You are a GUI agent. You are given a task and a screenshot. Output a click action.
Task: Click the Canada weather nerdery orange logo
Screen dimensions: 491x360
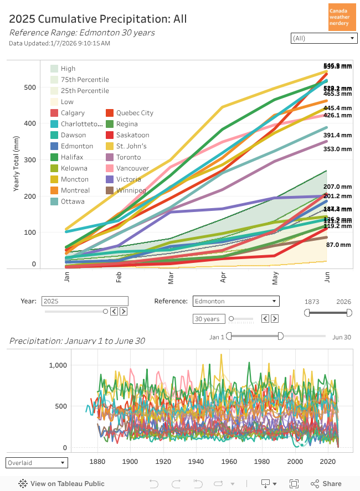point(342,17)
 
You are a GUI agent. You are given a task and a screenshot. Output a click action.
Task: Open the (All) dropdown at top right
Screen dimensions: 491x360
point(323,38)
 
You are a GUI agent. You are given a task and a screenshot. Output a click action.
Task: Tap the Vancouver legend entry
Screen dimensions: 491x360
point(132,168)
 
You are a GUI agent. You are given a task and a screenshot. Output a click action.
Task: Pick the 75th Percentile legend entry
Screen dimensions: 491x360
point(85,80)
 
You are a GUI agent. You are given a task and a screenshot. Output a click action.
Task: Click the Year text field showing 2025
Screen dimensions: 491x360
point(84,301)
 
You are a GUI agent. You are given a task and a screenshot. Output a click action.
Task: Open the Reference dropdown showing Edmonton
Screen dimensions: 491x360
point(236,301)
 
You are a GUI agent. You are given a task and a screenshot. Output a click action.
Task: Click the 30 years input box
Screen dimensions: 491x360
point(208,319)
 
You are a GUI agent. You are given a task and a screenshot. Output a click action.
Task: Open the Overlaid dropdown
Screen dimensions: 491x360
point(37,462)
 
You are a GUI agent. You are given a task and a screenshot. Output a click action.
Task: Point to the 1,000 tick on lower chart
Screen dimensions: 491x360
point(58,365)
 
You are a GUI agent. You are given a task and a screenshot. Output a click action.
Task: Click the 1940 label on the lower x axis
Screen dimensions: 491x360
point(196,462)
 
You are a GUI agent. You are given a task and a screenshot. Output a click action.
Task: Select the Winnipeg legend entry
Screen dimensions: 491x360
point(131,190)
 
